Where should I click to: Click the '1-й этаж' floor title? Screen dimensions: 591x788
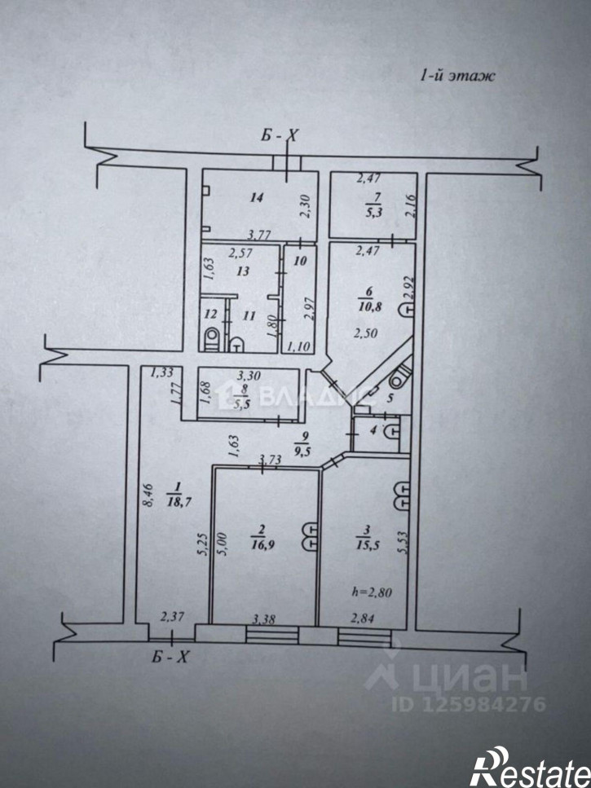point(457,76)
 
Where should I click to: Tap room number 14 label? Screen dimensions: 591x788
point(256,197)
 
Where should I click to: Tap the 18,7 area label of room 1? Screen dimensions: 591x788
point(178,502)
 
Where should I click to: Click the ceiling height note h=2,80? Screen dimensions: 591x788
point(372,592)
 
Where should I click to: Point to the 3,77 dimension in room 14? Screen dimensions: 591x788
point(261,234)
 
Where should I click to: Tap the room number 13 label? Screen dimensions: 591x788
point(243,271)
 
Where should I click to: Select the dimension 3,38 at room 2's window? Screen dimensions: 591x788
point(264,619)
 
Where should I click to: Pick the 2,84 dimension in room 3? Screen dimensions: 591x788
point(363,619)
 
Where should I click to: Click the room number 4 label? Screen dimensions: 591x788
point(373,430)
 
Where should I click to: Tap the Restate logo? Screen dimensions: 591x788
point(530,768)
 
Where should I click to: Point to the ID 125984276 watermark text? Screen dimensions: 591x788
point(469,704)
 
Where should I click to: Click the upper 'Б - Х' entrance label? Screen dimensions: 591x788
point(279,135)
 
